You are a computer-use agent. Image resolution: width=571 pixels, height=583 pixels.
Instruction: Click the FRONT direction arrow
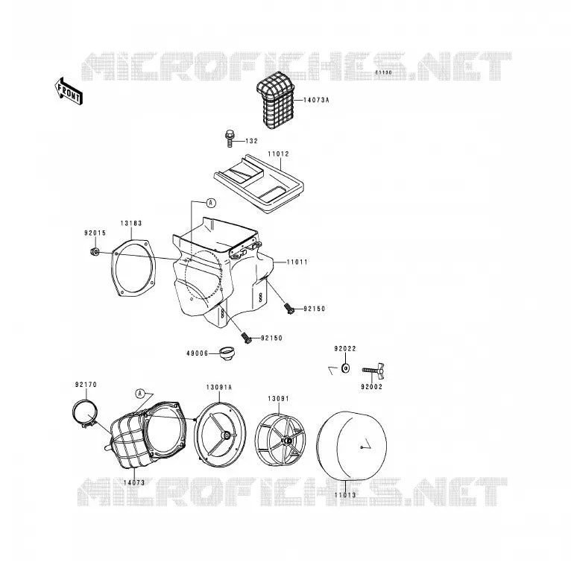pyautogui.click(x=69, y=92)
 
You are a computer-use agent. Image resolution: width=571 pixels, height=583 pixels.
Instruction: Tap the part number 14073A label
pyautogui.click(x=316, y=100)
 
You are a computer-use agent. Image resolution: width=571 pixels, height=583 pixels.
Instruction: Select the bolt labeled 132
pyautogui.click(x=229, y=139)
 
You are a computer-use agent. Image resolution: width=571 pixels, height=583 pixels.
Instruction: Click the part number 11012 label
pyautogui.click(x=279, y=154)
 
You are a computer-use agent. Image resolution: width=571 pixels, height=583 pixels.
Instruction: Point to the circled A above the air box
pyautogui.click(x=211, y=203)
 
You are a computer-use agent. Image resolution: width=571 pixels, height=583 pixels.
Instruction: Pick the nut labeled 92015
pyautogui.click(x=95, y=252)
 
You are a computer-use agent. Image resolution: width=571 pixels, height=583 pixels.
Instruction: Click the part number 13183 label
pyautogui.click(x=131, y=223)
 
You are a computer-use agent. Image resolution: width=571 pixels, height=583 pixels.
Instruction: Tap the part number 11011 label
pyautogui.click(x=297, y=262)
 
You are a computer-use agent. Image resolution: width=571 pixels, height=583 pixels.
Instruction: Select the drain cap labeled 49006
pyautogui.click(x=227, y=353)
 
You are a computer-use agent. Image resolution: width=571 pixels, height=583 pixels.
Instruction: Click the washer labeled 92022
pyautogui.click(x=346, y=368)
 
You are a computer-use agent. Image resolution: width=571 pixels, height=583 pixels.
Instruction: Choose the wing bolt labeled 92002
pyautogui.click(x=373, y=370)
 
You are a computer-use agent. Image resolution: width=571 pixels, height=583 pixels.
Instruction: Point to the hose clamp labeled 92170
pyautogui.click(x=85, y=414)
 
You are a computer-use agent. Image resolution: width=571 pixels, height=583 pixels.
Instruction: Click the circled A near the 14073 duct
pyautogui.click(x=140, y=394)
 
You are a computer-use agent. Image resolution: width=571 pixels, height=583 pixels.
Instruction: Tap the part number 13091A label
pyautogui.click(x=219, y=388)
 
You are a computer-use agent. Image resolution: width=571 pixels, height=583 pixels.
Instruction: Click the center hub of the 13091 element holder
pyautogui.click(x=286, y=441)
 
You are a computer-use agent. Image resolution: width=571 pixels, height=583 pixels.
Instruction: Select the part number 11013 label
pyautogui.click(x=345, y=495)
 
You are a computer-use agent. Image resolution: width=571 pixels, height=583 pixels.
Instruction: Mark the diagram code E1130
pyautogui.click(x=383, y=72)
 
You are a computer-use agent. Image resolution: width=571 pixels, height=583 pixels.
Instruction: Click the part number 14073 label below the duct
pyautogui.click(x=134, y=482)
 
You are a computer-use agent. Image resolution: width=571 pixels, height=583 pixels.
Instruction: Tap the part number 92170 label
pyautogui.click(x=86, y=385)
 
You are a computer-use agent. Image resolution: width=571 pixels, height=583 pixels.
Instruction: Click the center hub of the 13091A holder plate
pyautogui.click(x=225, y=435)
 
